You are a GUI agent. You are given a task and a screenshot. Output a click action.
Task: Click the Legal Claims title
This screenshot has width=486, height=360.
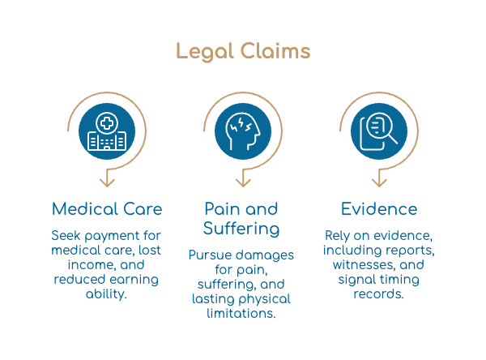(x=243, y=51)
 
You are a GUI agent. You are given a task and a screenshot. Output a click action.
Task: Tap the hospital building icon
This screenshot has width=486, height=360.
(x=107, y=131)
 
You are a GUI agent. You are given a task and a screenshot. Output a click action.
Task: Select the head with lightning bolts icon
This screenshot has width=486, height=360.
(x=243, y=131)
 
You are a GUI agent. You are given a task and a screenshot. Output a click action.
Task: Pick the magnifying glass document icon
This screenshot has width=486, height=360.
(x=378, y=131)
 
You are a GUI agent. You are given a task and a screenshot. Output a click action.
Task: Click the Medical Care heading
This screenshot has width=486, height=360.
(x=107, y=209)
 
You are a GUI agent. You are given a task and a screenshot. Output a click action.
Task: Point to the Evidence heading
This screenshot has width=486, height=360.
(x=379, y=209)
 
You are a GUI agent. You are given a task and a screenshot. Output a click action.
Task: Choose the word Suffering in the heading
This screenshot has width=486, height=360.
(x=241, y=229)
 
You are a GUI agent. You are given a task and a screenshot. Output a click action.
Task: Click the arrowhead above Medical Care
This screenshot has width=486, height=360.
(x=107, y=182)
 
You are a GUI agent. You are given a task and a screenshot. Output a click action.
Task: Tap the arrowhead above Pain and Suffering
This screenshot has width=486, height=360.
(x=243, y=182)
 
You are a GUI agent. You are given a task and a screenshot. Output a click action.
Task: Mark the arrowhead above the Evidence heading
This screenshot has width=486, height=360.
(x=379, y=182)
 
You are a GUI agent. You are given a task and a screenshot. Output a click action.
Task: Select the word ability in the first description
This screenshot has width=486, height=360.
(x=106, y=294)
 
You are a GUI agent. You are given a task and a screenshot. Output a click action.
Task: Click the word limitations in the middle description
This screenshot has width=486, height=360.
(x=241, y=314)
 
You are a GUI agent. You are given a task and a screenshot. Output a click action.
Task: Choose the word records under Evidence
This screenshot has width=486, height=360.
(x=379, y=294)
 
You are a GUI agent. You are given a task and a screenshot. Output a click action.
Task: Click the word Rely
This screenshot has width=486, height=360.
(x=337, y=236)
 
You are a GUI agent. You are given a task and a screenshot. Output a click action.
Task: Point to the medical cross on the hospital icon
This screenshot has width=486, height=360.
(x=107, y=123)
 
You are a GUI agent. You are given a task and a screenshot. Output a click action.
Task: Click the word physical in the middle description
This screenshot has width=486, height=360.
(x=265, y=299)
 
